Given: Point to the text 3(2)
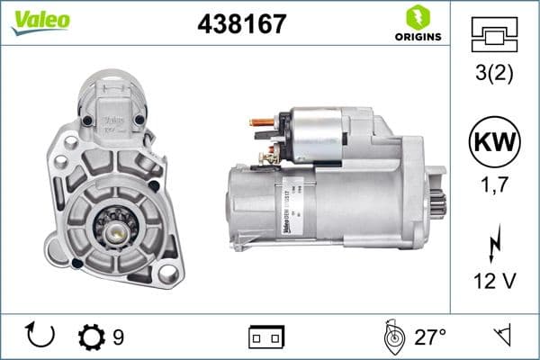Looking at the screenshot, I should (x=495, y=74).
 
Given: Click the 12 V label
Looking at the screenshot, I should (x=495, y=282).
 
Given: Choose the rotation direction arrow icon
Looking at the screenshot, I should (x=40, y=337).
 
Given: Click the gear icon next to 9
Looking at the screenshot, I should (x=92, y=337).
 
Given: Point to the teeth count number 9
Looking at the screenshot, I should (x=118, y=337).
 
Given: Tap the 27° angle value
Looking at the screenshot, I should (x=430, y=337).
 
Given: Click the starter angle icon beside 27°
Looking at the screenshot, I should (x=391, y=337).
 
